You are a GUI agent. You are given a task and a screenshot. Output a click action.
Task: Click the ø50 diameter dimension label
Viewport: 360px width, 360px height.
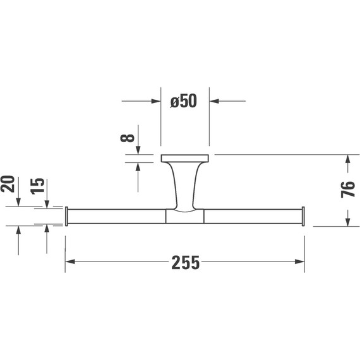pos(183,101)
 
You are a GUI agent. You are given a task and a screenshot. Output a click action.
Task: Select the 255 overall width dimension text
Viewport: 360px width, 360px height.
pos(186,263)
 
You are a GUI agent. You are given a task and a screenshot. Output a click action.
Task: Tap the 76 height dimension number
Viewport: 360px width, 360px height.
pos(348,189)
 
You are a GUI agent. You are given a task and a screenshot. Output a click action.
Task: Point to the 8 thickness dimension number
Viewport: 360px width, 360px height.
pos(127,137)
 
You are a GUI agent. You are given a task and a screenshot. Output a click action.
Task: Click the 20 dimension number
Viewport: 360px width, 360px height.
pos(8,184)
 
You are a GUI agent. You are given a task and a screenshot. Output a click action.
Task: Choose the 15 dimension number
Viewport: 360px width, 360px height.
pos(37,186)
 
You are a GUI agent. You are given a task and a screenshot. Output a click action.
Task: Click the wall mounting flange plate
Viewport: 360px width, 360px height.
pos(185,158)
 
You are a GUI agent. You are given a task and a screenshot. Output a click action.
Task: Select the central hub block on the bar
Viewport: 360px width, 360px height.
pos(184,216)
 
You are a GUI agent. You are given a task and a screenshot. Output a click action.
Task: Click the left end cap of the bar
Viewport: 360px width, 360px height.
pos(66,216)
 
